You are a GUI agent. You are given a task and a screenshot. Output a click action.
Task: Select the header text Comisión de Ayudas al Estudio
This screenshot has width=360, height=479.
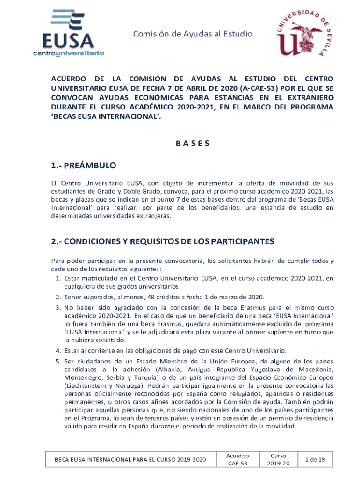pos(193,34)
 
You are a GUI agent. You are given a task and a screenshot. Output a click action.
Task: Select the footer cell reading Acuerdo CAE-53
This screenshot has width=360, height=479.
pos(237,459)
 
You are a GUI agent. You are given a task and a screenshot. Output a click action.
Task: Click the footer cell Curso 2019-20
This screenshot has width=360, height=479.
pos(278,459)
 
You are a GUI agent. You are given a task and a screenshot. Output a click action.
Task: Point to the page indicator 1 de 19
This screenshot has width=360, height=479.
pos(315,459)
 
